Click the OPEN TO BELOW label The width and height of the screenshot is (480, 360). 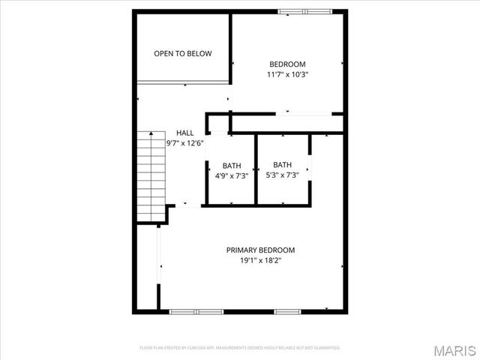click(x=182, y=54)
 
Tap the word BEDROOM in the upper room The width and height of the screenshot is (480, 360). click(x=287, y=64)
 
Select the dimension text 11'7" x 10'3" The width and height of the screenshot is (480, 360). click(x=287, y=75)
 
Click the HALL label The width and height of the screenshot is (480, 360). click(x=184, y=133)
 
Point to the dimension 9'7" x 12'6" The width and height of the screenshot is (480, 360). click(x=184, y=142)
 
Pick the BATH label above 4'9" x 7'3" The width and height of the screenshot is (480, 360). click(x=231, y=166)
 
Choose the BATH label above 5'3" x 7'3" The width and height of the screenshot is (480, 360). click(x=282, y=165)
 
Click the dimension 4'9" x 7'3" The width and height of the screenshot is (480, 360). click(x=231, y=176)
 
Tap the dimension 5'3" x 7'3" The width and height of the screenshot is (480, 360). click(x=282, y=175)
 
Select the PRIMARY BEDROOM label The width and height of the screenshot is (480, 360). click(x=260, y=250)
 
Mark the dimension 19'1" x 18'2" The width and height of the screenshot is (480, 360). click(x=260, y=261)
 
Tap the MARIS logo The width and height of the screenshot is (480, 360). click(x=454, y=349)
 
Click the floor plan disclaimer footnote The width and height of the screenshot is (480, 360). click(x=240, y=348)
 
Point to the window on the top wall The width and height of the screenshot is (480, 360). click(x=303, y=11)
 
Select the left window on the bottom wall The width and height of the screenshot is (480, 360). click(x=196, y=310)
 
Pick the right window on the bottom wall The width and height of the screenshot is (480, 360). click(x=286, y=310)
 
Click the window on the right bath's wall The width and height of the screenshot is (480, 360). click(x=309, y=168)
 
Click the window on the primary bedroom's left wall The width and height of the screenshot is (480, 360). click(x=158, y=259)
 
